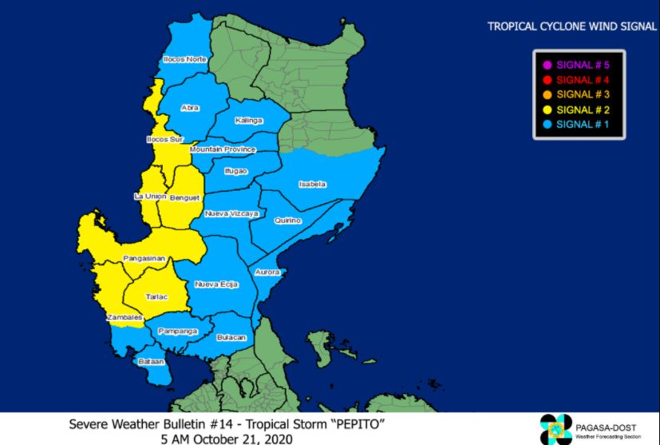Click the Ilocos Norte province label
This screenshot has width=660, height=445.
184,59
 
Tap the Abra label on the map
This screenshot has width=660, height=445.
190,108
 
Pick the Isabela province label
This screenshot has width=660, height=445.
312,184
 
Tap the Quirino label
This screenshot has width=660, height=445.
287,220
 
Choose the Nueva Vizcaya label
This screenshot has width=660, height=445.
231,214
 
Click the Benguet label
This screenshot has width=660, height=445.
184,197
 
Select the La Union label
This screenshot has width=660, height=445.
149,197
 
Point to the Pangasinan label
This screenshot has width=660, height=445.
144,258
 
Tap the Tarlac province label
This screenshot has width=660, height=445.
156,296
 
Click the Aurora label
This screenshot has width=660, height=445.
267,272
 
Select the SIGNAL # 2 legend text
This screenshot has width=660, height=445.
582,109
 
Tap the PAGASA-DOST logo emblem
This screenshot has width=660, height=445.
555,428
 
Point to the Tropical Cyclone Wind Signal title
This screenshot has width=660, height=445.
571,26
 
